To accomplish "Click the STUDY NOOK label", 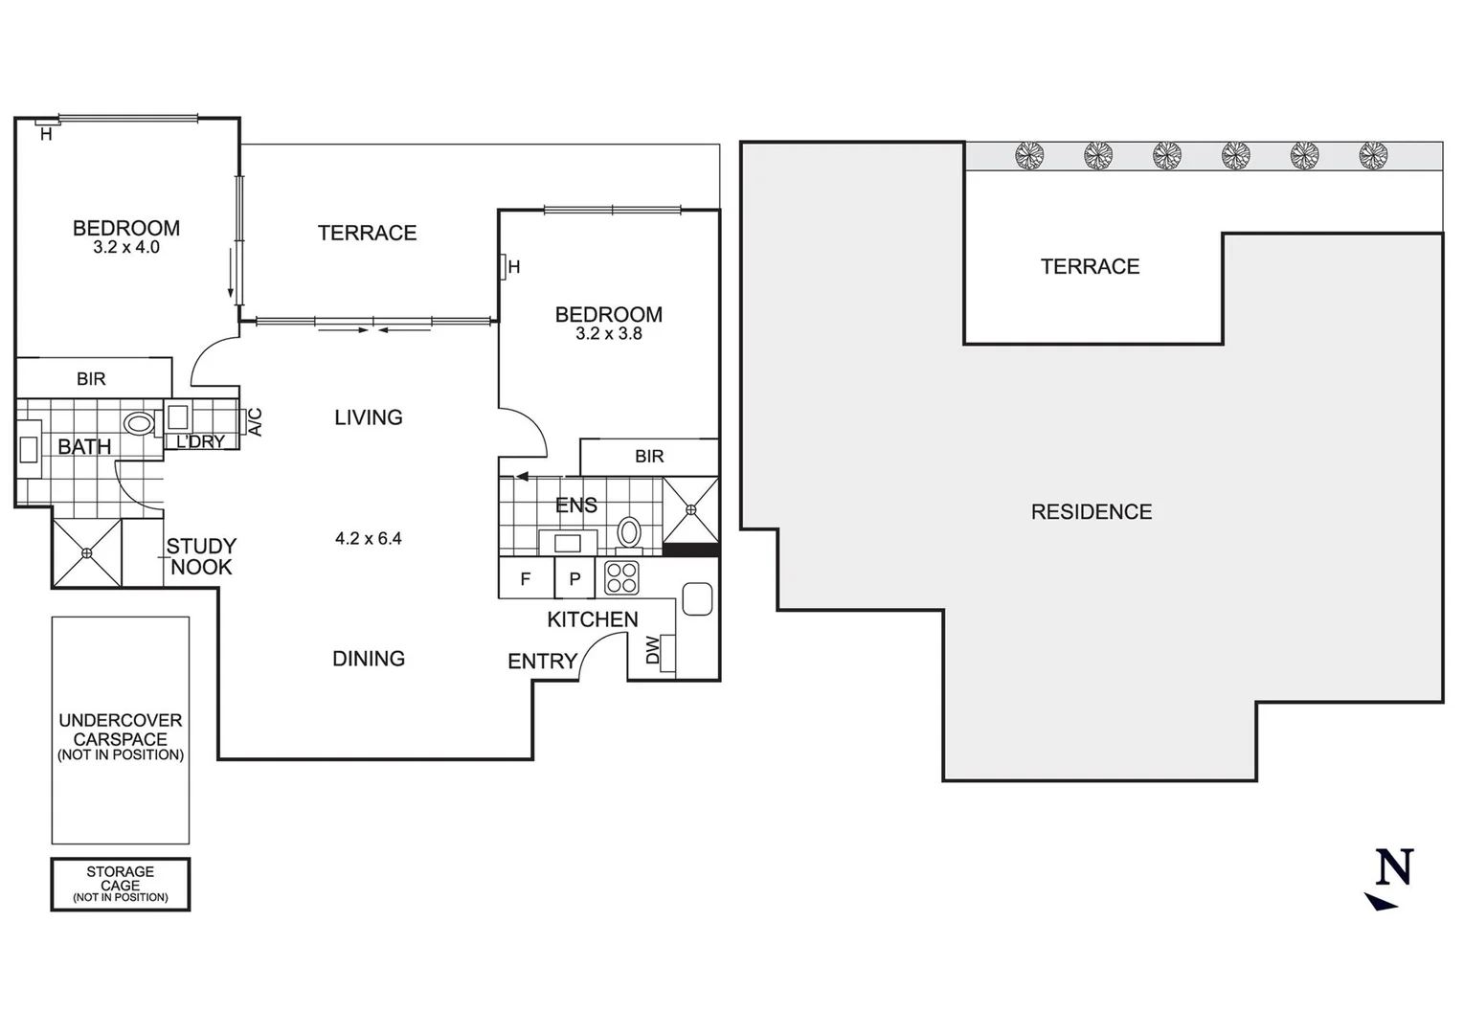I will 200,556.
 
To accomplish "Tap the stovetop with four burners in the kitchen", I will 621,578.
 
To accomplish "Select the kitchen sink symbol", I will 696,599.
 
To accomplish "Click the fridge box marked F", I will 525,579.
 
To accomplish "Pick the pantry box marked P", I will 574,579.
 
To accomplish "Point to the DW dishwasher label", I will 653,651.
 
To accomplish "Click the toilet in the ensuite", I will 629,531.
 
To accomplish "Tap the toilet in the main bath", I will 139,423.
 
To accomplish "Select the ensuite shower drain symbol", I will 690,509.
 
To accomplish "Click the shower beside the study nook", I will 87,552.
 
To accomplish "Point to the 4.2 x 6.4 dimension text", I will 368,538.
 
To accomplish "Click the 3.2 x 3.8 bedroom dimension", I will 608,334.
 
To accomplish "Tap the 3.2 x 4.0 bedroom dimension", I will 126,248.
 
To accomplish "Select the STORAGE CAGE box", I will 121,884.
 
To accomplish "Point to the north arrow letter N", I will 1393,867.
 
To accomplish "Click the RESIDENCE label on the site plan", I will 1091,512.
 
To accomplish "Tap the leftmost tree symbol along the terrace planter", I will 1029,155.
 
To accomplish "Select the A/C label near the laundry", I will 256,422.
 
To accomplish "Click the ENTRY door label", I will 542,661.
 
